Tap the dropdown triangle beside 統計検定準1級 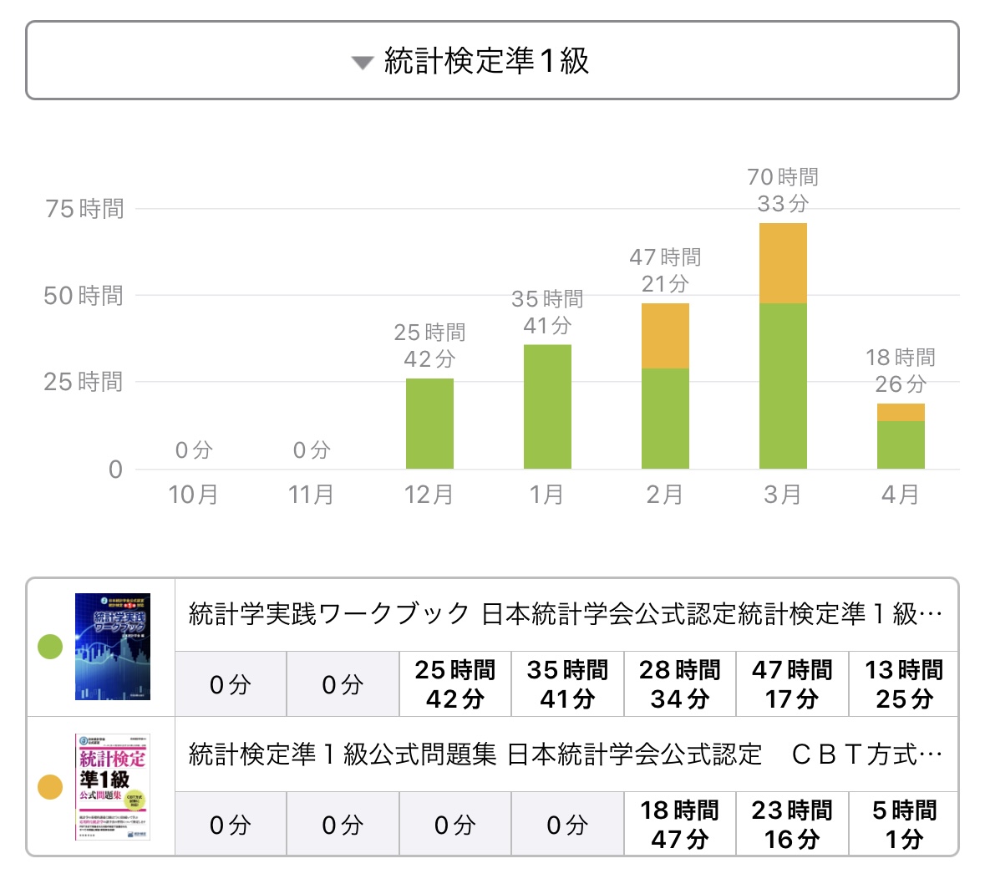pos(362,63)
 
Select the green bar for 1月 pos(547,406)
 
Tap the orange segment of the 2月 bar pos(665,336)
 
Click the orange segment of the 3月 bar pos(783,263)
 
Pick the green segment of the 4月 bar pos(901,444)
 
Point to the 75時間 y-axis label pos(84,209)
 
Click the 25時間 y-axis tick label pos(84,382)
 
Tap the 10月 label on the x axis pos(193,495)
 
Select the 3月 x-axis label pos(783,495)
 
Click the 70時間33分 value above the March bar pos(783,190)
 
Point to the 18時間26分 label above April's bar pos(901,370)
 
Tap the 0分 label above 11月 pos(312,450)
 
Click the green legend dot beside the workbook pos(51,647)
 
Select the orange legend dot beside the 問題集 pos(51,787)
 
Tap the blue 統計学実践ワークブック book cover pos(113,647)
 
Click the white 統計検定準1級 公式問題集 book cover pos(113,787)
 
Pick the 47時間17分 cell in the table pos(792,683)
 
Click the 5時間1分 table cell pos(904,824)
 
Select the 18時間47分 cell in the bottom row pos(680,824)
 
